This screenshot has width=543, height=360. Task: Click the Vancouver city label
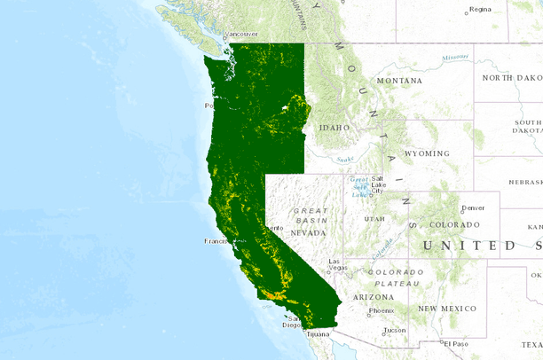coord(243,35)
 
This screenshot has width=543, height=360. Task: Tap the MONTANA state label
coord(398,81)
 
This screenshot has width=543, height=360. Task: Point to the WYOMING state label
coord(427,153)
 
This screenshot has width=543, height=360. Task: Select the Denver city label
coord(473,207)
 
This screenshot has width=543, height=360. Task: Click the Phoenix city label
coord(382,310)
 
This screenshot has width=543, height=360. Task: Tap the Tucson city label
coord(395,330)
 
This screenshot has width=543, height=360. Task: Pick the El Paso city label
coord(456,343)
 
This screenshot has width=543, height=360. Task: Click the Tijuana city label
coord(319,334)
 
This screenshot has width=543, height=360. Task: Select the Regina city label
coord(480,10)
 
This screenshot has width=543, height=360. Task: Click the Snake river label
coord(344,159)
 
